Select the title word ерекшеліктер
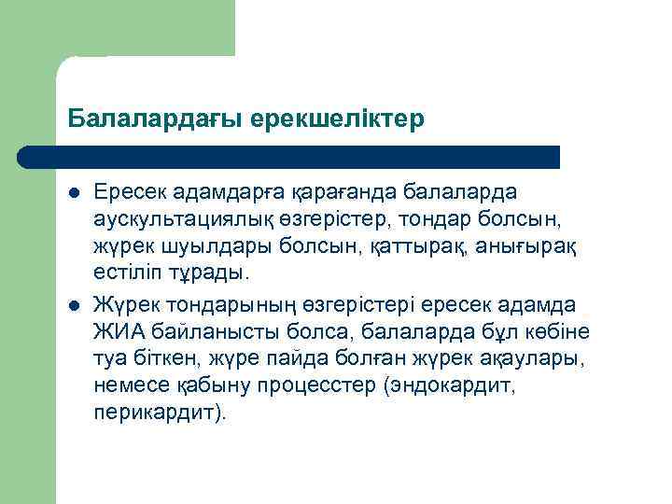pyautogui.click(x=338, y=119)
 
